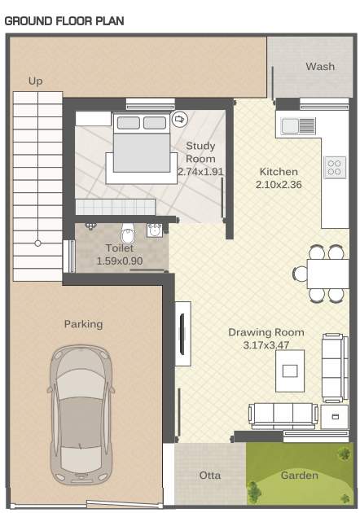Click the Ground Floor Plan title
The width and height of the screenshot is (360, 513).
coord(64,20)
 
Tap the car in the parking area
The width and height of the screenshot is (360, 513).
coord(82,414)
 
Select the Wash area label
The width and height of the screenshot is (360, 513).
coord(319,67)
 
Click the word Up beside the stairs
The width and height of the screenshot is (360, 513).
coord(35,81)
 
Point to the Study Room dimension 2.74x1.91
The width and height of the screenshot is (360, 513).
coord(200,172)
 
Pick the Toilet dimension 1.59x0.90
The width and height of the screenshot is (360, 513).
coord(119,261)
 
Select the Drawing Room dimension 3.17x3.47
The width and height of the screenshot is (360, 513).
coord(266,345)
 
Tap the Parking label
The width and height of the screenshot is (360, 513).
coord(83,324)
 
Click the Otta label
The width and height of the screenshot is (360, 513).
coord(209,475)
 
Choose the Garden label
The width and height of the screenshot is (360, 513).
coord(299,475)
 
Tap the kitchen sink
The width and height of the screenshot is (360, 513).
coord(298,125)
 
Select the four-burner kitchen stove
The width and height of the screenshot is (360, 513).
coord(334,167)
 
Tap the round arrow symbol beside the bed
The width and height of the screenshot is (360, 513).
coord(180,119)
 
